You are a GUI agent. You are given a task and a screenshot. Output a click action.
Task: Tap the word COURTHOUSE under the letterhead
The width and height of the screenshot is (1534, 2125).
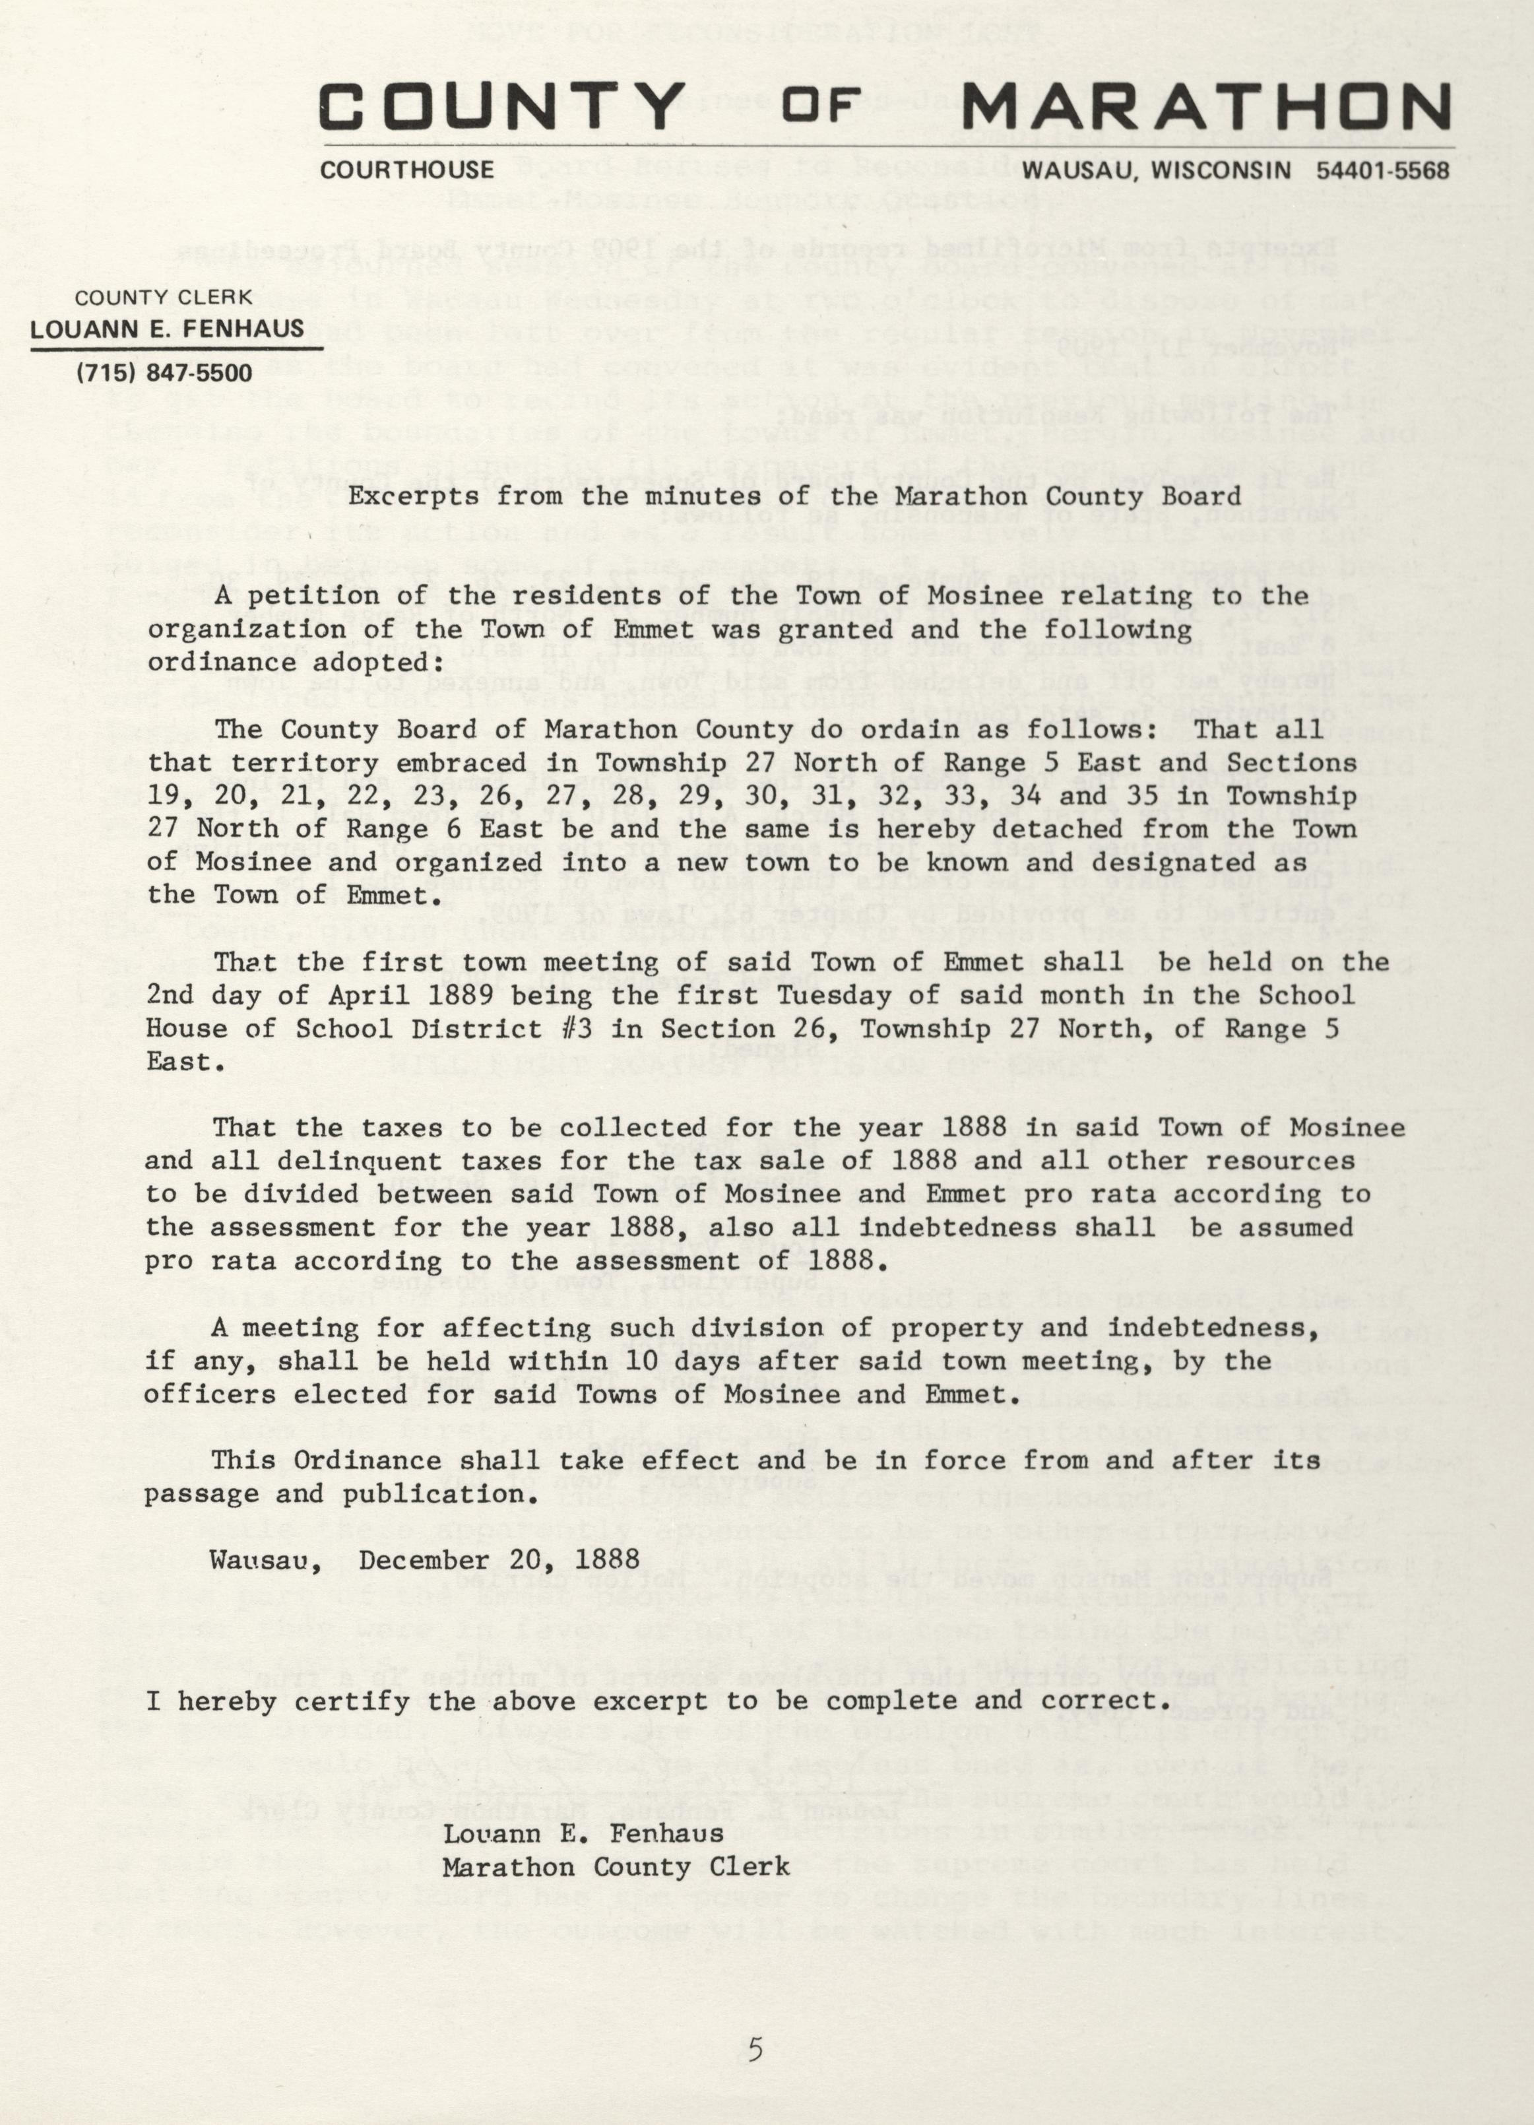tap(407, 170)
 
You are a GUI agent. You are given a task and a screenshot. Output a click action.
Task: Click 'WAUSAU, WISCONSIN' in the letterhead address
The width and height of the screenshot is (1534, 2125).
tap(1157, 170)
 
